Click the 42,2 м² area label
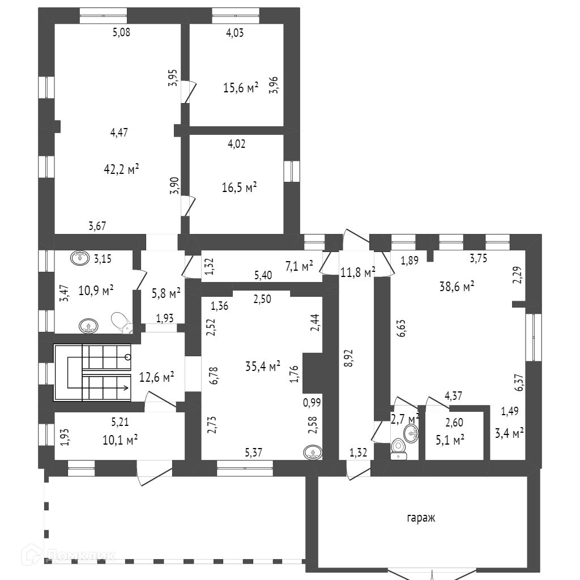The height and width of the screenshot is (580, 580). [x=122, y=169]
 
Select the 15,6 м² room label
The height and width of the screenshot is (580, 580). [x=241, y=88]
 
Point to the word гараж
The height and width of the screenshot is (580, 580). [x=421, y=518]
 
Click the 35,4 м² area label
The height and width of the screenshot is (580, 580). [x=263, y=367]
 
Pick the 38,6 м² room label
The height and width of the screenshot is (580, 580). [x=457, y=287]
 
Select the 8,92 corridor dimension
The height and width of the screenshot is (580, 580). [x=349, y=359]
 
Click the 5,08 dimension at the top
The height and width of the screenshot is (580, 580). [x=122, y=32]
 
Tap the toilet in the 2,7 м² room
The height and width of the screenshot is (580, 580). [x=400, y=447]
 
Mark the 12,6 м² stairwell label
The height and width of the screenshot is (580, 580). [x=156, y=376]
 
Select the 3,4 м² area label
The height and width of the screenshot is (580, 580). [x=509, y=434]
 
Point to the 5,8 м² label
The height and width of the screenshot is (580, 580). [x=166, y=293]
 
